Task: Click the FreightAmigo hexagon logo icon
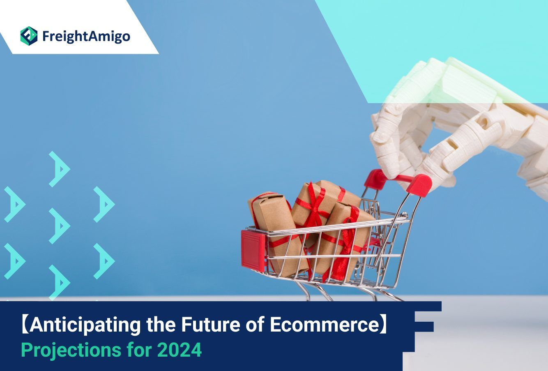[x=29, y=36]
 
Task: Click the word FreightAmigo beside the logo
[x=86, y=37]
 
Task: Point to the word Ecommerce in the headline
[x=325, y=325]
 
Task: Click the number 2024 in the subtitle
[x=181, y=350]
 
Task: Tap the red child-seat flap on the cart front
[x=253, y=251]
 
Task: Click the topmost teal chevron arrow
[x=60, y=169]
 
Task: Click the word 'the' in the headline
[x=161, y=325]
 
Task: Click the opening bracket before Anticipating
[x=25, y=325]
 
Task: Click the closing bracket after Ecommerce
[x=384, y=325]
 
